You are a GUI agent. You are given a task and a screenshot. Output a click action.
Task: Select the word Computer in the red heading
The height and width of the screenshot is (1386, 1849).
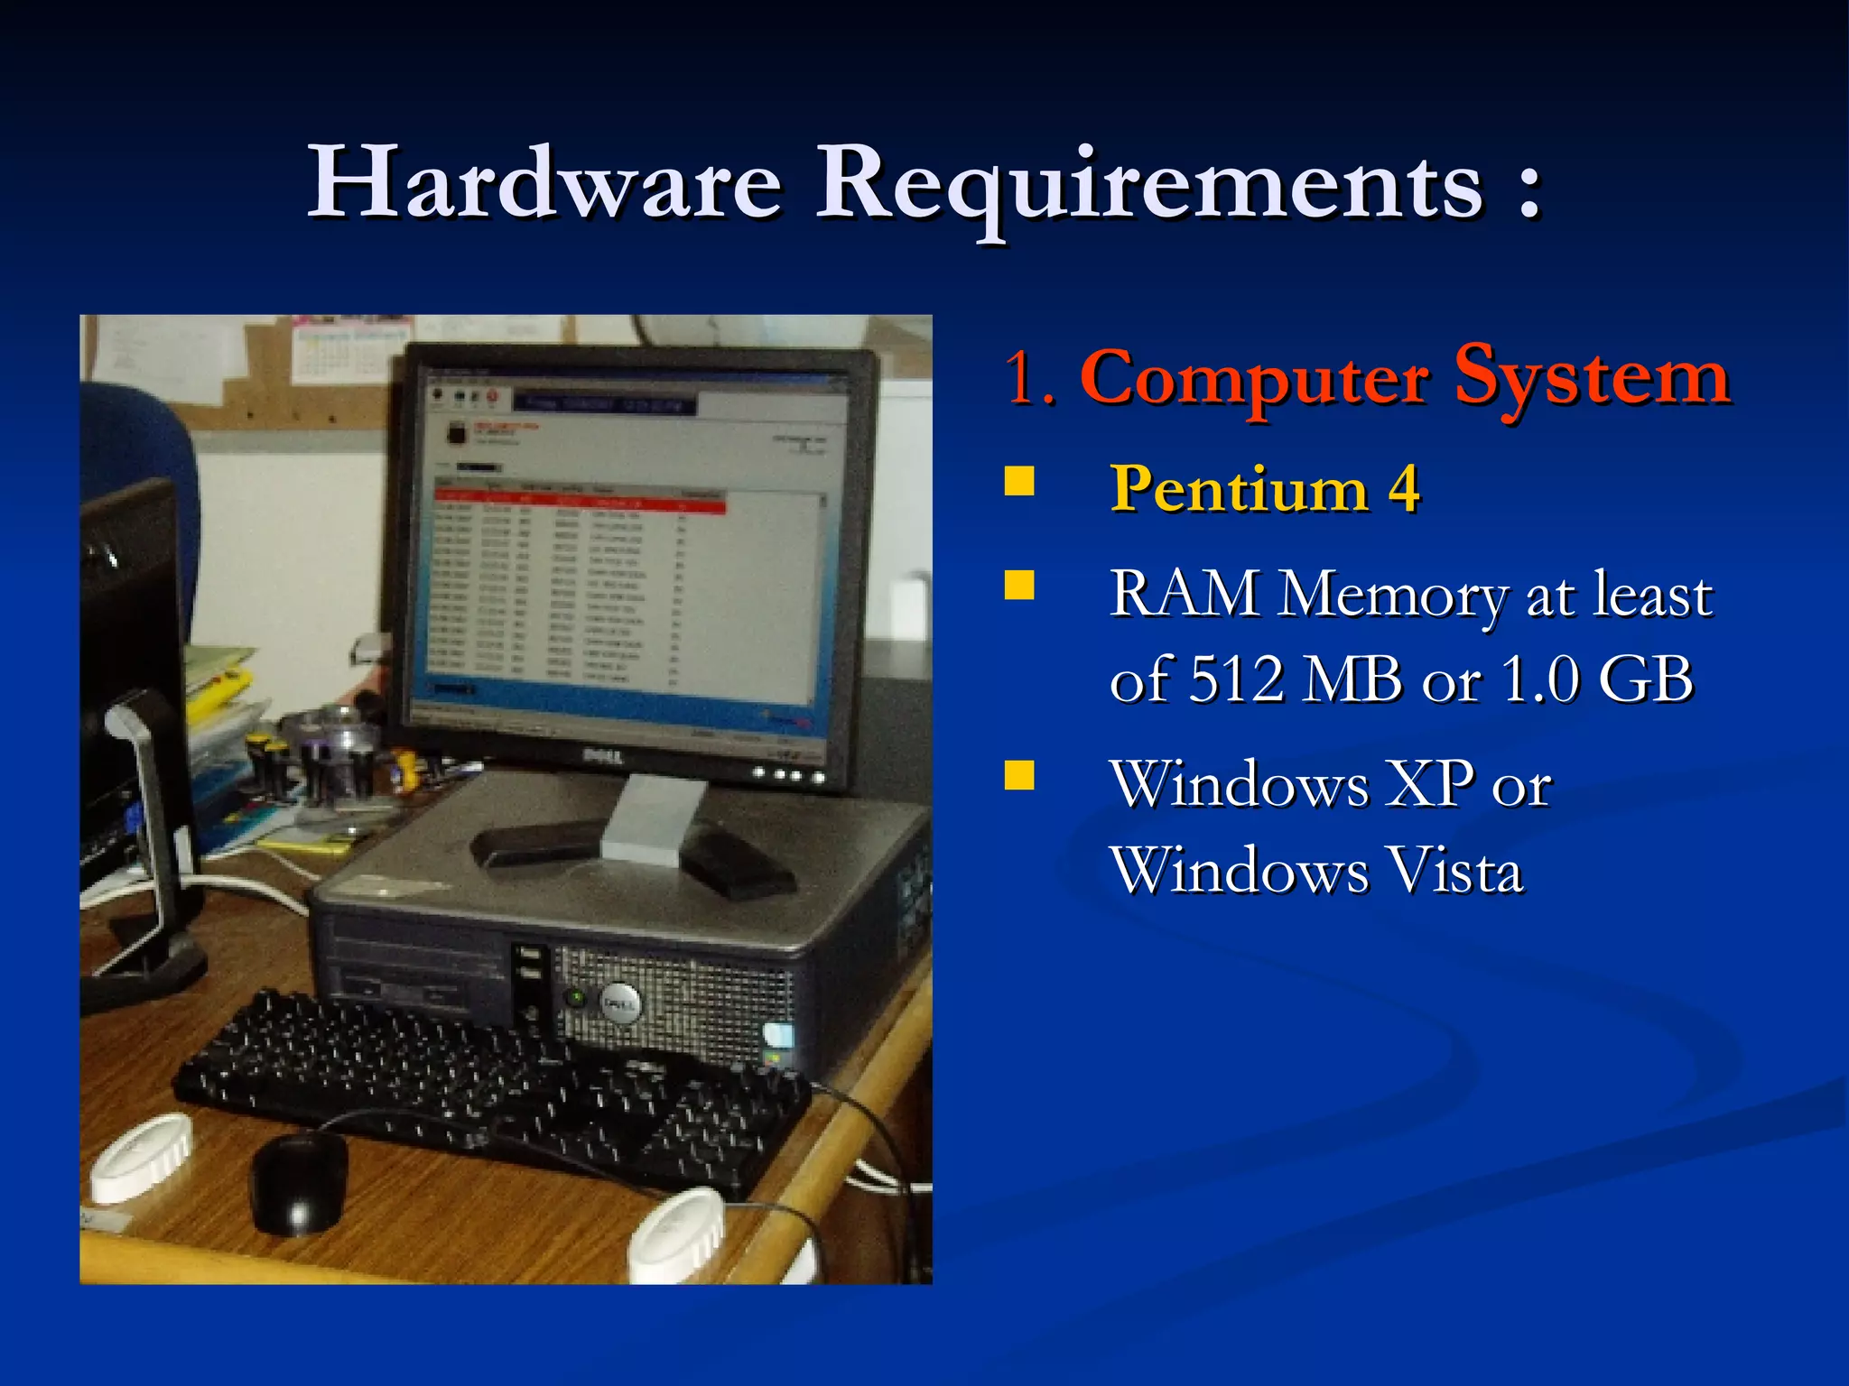1254,379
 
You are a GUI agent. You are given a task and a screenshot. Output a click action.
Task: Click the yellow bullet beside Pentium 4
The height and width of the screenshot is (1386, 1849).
1019,482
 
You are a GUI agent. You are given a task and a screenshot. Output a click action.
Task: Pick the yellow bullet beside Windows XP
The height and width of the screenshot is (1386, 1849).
1019,775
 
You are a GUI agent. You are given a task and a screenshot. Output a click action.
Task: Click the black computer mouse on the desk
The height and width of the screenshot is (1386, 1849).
299,1179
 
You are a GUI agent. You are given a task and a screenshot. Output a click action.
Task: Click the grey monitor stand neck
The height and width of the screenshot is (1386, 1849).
652,817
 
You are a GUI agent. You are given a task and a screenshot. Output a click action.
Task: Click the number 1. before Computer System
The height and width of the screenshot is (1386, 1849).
1028,379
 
